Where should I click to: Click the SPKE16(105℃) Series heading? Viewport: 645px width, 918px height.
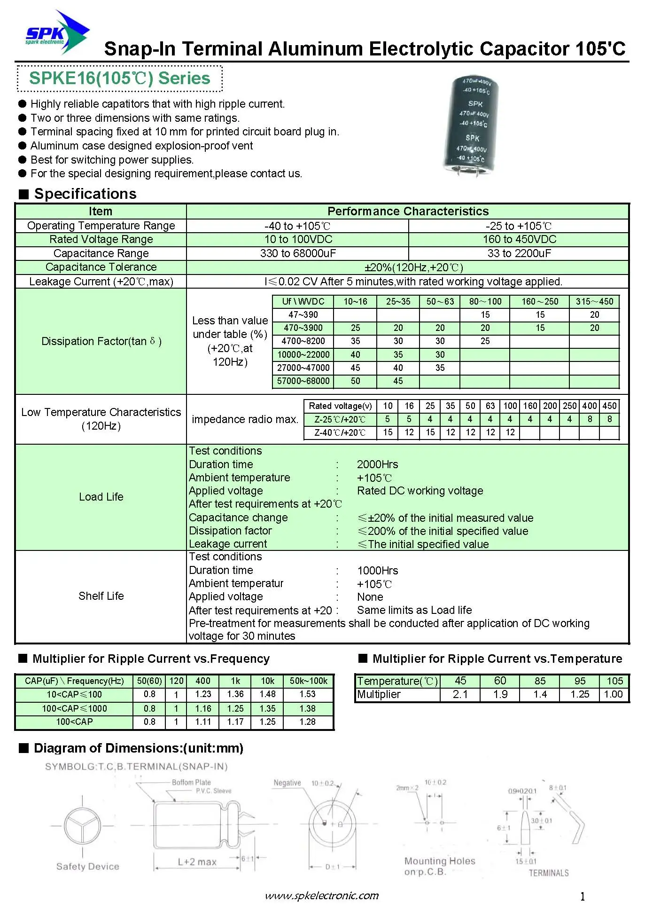coord(120,78)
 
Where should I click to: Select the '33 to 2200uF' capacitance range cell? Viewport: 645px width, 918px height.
coord(519,253)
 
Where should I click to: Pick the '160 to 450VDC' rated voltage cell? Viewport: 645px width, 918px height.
coord(519,239)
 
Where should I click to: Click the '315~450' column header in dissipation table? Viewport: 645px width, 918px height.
coord(594,302)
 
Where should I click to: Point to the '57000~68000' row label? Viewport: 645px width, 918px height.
coord(303,381)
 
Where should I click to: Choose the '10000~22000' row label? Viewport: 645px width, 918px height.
coord(303,355)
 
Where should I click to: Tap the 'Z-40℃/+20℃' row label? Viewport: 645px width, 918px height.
coord(340,432)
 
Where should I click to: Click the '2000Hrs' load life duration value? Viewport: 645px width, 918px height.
coord(377,464)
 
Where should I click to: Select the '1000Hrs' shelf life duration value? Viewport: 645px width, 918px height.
coord(377,571)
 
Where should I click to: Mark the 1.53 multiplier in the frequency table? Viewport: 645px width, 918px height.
coord(308,694)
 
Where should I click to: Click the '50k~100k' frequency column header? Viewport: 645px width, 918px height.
coord(308,681)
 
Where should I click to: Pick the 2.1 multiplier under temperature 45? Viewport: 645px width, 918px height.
coord(460,694)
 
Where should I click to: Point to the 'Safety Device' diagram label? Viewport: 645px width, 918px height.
coord(88,866)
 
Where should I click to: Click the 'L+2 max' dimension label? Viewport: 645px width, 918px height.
coord(197,862)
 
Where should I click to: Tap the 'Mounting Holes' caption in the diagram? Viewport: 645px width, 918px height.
coord(440,861)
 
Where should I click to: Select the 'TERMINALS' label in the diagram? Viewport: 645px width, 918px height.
coord(548,873)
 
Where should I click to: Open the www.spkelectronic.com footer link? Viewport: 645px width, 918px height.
coord(322,896)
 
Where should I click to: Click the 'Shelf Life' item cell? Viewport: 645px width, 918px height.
coord(101,596)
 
